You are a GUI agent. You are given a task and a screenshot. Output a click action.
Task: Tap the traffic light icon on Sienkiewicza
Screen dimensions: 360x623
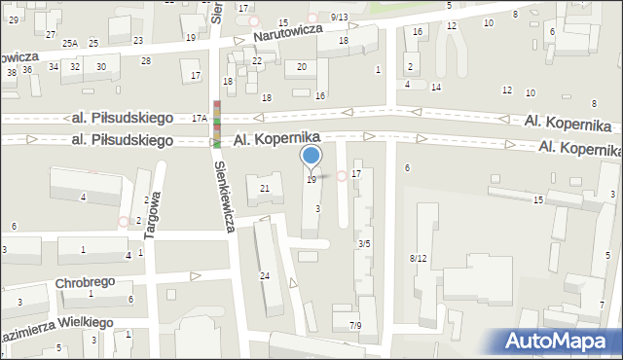tap(216, 124)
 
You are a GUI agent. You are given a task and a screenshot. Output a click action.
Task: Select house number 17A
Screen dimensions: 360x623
tap(200, 117)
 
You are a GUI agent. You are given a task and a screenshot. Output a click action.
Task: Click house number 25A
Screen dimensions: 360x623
tap(70, 44)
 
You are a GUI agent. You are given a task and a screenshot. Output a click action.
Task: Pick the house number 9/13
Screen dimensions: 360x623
tap(339, 17)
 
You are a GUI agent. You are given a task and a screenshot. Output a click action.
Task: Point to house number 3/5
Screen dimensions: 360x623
tap(364, 243)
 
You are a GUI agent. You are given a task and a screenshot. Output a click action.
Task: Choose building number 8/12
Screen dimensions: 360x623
tap(419, 258)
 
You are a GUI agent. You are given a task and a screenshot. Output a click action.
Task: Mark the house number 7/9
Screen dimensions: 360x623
tap(355, 326)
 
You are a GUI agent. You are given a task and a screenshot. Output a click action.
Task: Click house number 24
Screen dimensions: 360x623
tap(264, 276)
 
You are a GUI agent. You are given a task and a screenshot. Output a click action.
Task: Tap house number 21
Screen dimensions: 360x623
tap(264, 188)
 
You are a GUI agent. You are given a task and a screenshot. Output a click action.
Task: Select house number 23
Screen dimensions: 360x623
tap(138, 40)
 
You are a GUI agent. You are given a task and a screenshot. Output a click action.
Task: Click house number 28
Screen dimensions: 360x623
tap(146, 61)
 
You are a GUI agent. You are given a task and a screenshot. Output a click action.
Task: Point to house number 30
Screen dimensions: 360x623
tap(101, 66)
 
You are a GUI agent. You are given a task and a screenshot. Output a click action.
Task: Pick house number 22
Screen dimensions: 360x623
tap(257, 60)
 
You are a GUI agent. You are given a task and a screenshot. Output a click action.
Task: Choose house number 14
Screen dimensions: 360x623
tap(436, 88)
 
